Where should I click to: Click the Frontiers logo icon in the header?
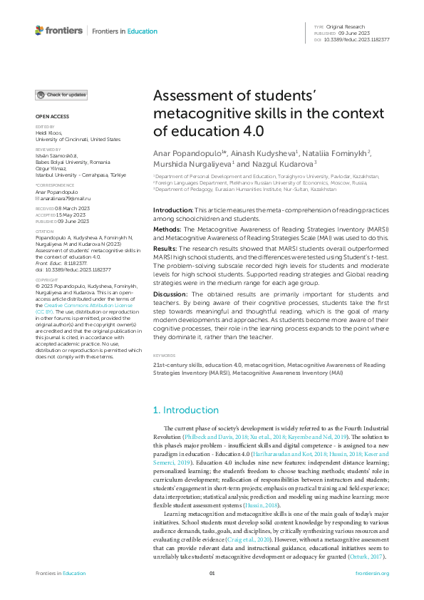point(39,31)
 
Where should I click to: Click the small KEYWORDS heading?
point(164,354)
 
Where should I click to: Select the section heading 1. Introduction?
point(186,410)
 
